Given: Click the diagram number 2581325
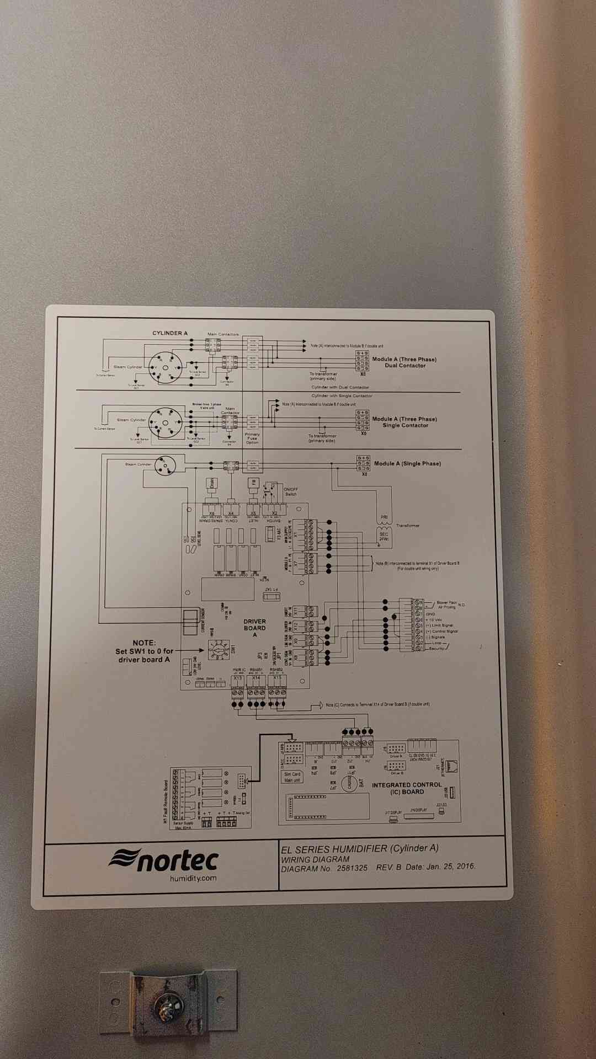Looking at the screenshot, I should click(x=352, y=868).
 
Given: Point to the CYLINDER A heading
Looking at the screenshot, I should click(x=170, y=333).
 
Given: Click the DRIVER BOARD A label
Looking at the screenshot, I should click(x=254, y=628).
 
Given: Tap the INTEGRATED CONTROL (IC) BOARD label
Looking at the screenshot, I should click(x=407, y=788).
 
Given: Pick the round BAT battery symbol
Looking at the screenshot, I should click(x=349, y=783).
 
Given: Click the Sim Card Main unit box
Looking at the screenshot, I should click(x=292, y=777).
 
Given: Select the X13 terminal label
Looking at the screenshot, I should click(x=237, y=678).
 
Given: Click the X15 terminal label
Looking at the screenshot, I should click(x=277, y=678).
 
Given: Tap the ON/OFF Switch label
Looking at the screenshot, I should click(x=290, y=491).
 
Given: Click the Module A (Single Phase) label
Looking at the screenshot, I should click(x=407, y=464).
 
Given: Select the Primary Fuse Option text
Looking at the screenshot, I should click(x=252, y=438).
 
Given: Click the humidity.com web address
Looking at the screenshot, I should click(x=193, y=878).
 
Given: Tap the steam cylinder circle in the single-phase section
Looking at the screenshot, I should click(x=164, y=466).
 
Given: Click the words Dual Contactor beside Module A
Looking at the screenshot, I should click(x=405, y=366).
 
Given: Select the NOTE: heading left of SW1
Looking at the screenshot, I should click(x=144, y=643).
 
